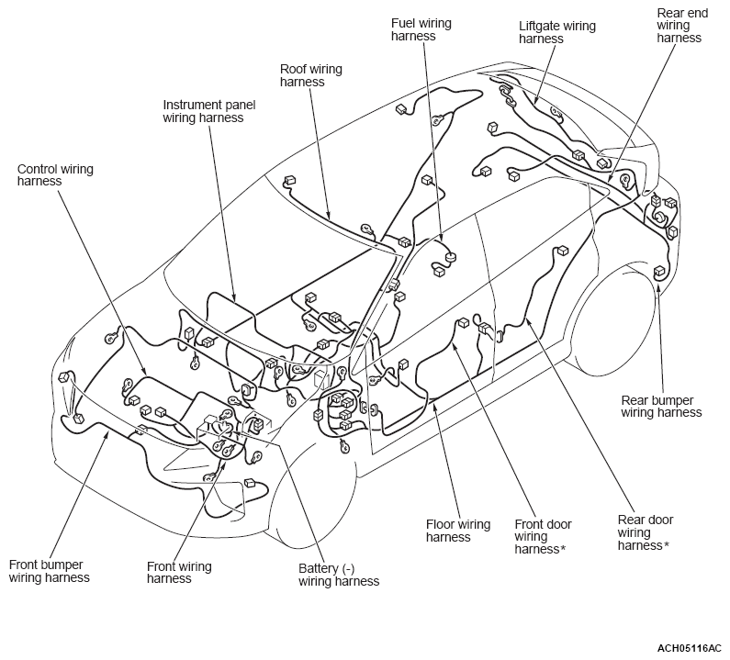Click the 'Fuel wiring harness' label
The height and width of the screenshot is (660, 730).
tap(421, 29)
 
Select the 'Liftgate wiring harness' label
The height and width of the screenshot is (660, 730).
tap(556, 32)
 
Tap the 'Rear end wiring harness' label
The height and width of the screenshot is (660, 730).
tap(682, 25)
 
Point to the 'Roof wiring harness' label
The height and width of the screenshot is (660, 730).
tap(310, 75)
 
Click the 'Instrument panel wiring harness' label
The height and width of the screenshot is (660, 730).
tap(209, 111)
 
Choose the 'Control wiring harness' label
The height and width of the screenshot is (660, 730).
tap(55, 175)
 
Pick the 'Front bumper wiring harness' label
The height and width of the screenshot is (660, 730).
tap(49, 571)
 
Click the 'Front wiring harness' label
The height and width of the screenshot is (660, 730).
tap(179, 573)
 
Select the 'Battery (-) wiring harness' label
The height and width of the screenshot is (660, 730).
tap(339, 575)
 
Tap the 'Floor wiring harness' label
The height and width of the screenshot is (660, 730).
tap(458, 531)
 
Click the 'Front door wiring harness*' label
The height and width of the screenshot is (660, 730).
tap(543, 537)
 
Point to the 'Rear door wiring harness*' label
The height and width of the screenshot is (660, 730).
tap(646, 532)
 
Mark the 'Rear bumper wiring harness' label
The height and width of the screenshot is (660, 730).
tap(661, 407)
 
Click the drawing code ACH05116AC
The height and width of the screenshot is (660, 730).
tap(689, 648)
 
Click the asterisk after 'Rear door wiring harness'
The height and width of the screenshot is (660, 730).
tap(667, 544)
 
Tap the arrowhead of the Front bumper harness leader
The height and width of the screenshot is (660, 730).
tap(108, 434)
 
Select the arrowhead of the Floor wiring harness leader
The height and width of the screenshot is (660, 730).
tap(435, 407)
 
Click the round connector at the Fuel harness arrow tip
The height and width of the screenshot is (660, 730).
tap(450, 256)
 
